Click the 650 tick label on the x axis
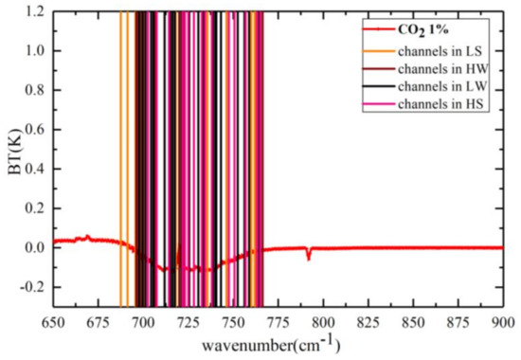pos(53,320)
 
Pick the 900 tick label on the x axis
pos(502,320)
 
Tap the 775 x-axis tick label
pos(278,320)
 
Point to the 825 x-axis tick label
pos(368,320)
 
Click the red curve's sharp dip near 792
pos(308,256)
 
